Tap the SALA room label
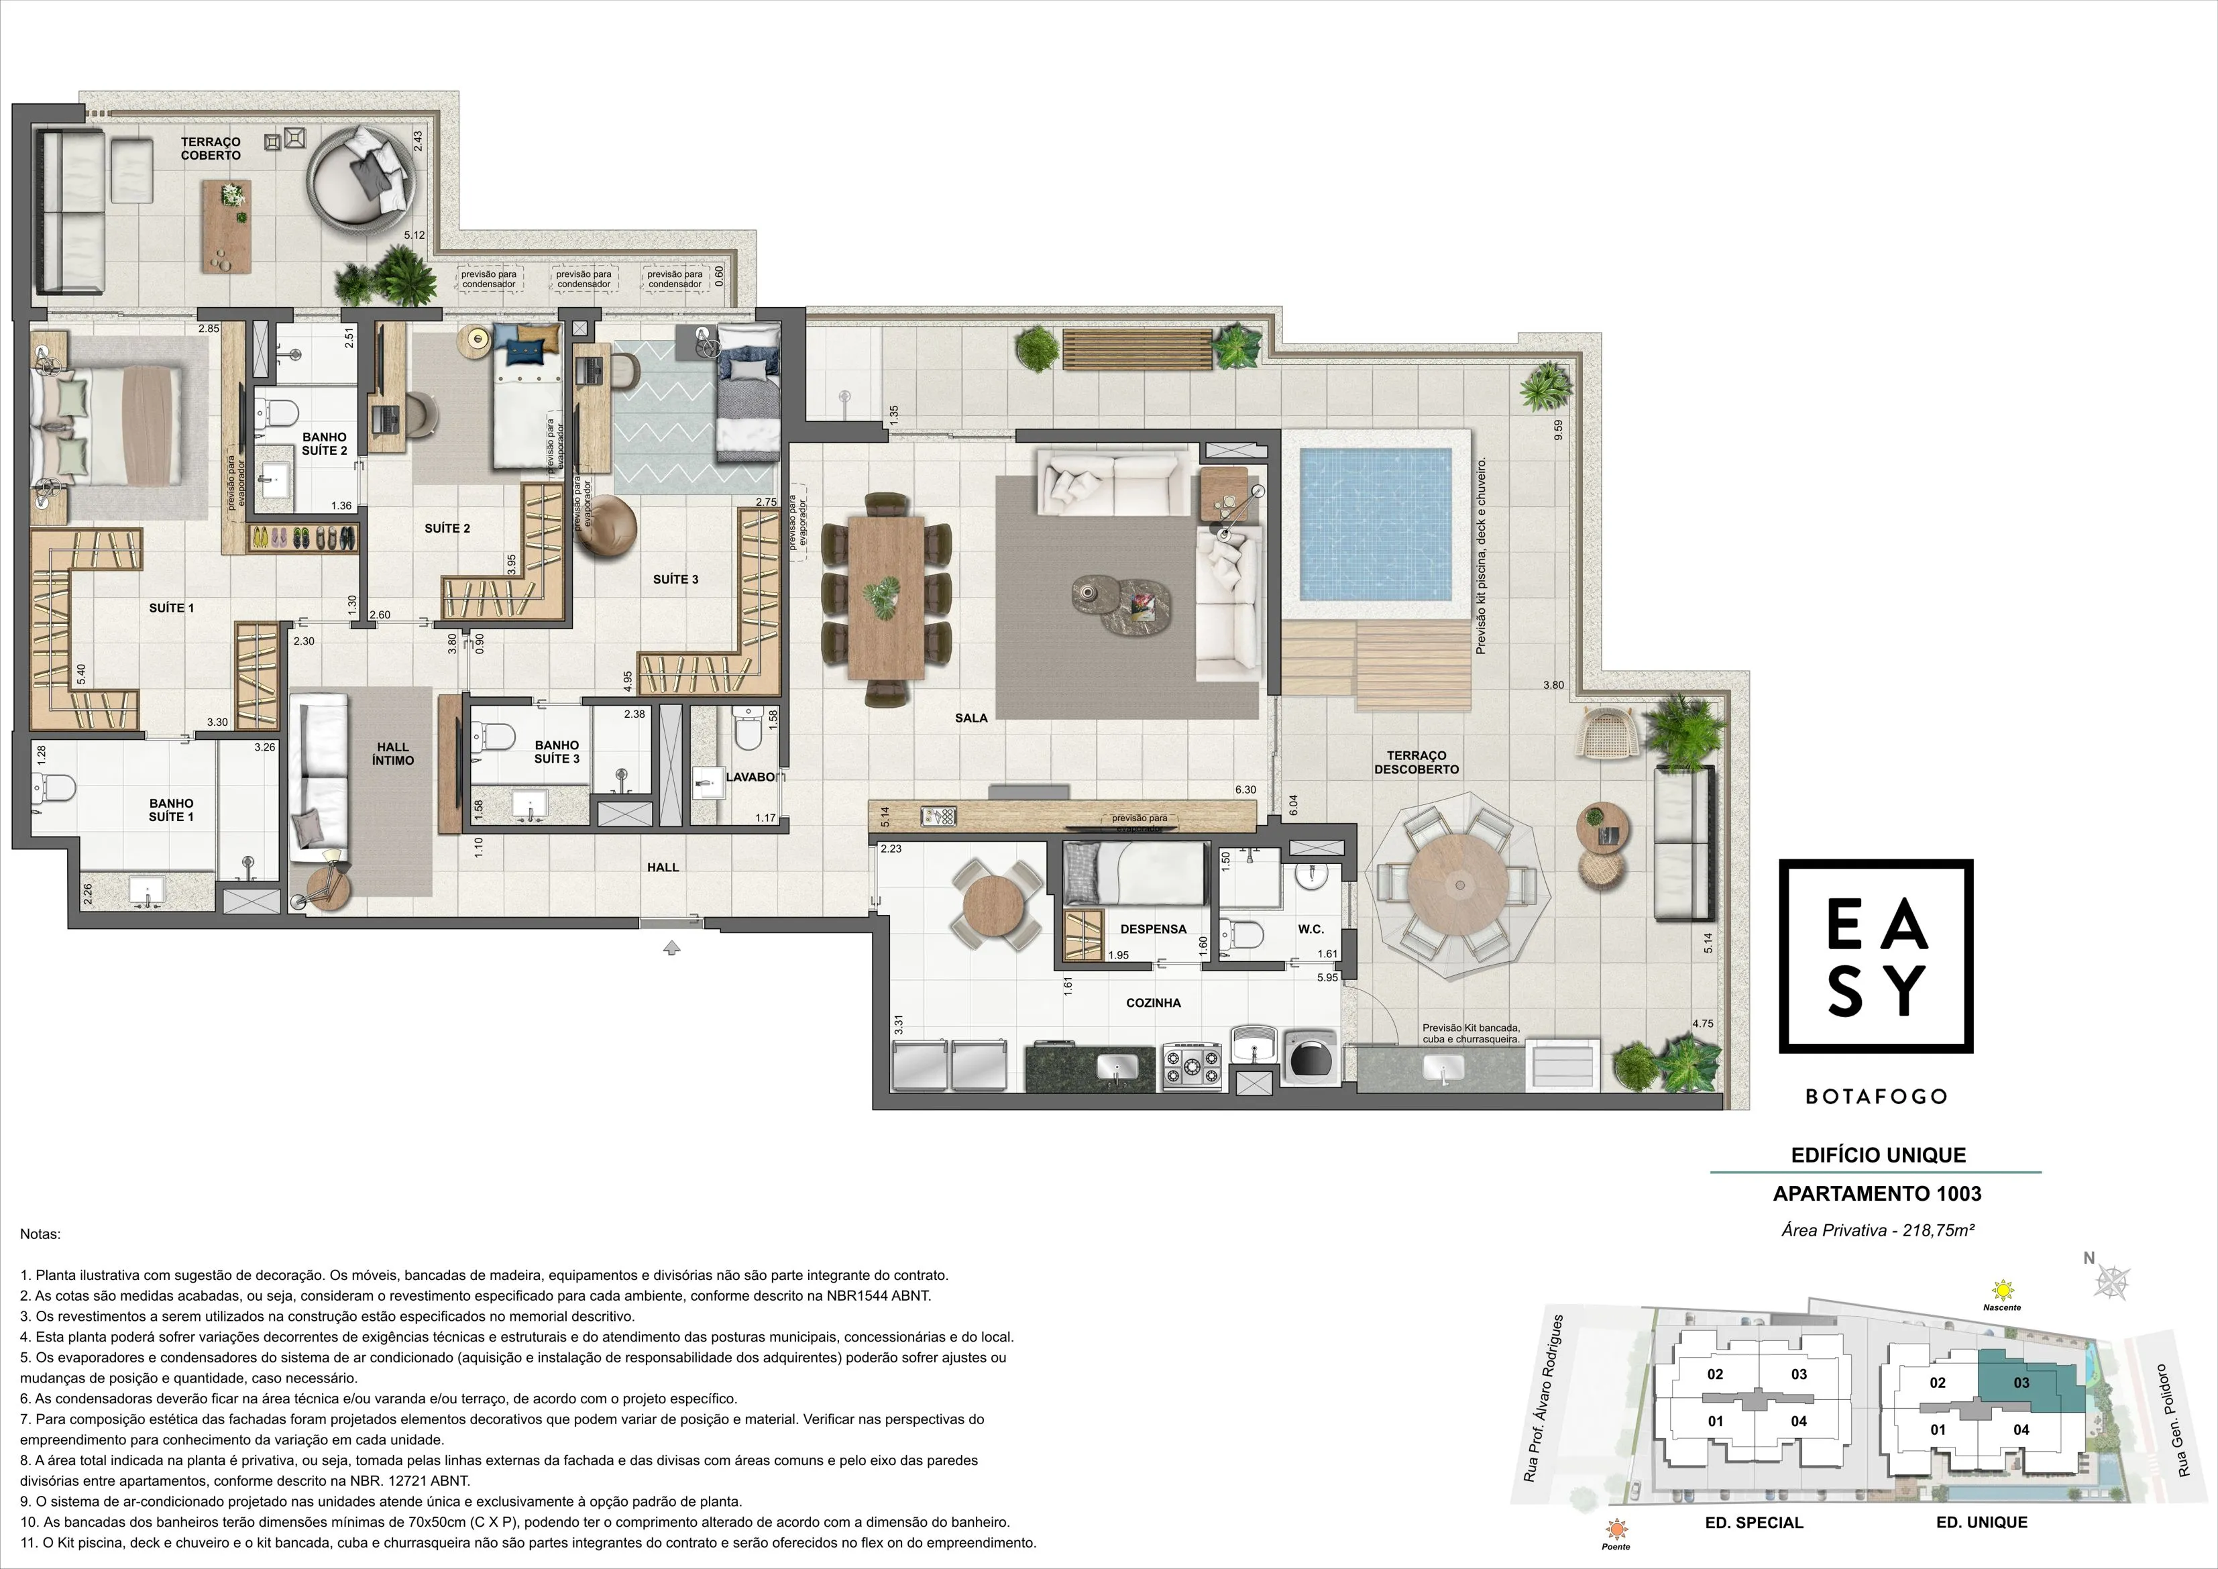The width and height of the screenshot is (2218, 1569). [x=971, y=718]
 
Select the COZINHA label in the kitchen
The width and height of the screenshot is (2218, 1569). [x=1154, y=1003]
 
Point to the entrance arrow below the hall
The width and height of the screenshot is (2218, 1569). [x=672, y=948]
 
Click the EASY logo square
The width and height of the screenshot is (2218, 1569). [x=1876, y=957]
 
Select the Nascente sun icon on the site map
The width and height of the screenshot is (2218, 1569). [x=2003, y=1290]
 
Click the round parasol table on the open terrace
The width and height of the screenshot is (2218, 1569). [x=1459, y=884]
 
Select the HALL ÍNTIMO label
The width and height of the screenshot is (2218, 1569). [x=393, y=753]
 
